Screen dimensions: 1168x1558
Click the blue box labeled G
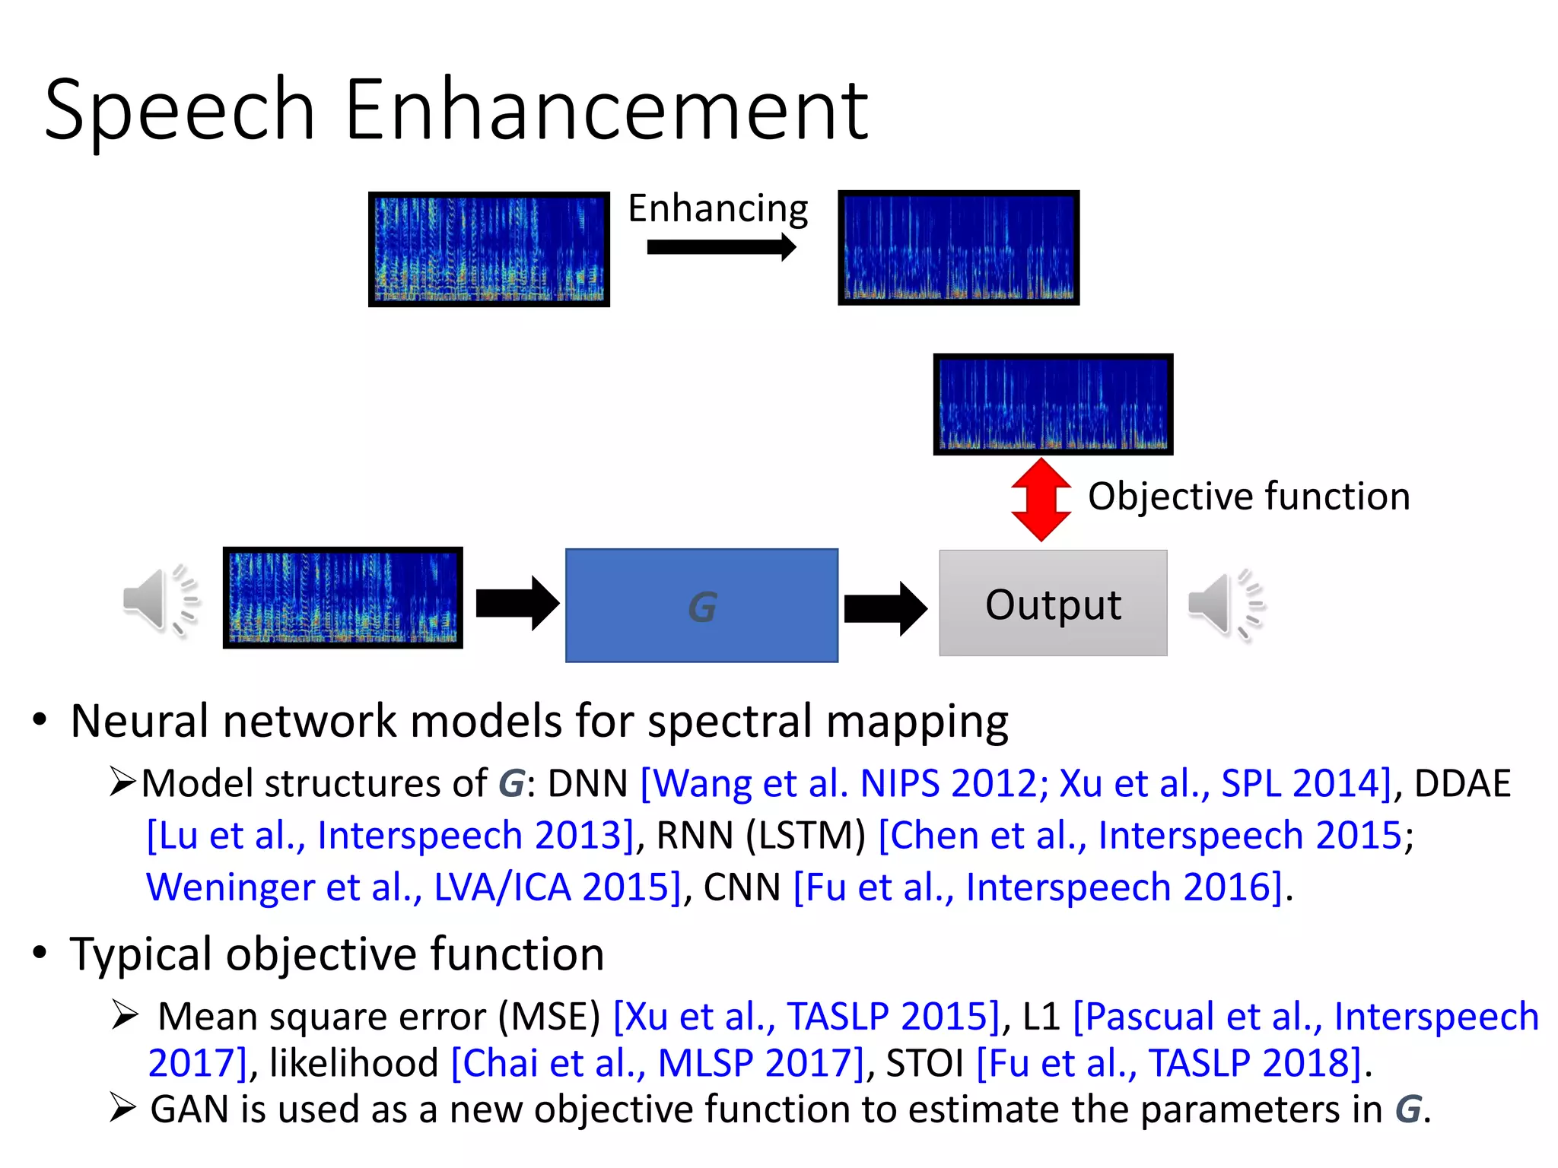[x=701, y=605]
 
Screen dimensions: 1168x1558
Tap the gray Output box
[x=1053, y=603]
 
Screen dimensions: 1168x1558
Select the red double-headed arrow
[x=1041, y=500]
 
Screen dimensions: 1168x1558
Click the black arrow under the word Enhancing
[x=720, y=247]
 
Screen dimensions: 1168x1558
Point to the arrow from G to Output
[x=885, y=608]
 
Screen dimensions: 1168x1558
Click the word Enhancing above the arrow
[x=717, y=208]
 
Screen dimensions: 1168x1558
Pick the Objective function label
[x=1248, y=497]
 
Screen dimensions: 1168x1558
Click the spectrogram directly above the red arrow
[x=1053, y=404]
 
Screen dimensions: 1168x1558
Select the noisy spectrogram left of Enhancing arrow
[x=489, y=249]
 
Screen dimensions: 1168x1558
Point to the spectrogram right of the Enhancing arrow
[x=959, y=248]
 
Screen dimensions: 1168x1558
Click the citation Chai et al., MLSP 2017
[x=658, y=1063]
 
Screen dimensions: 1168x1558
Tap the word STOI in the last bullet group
[x=925, y=1063]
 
